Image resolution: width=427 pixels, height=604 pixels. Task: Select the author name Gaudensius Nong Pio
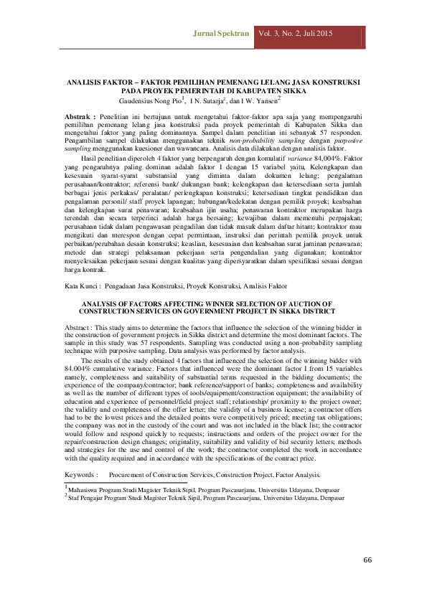point(153,101)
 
